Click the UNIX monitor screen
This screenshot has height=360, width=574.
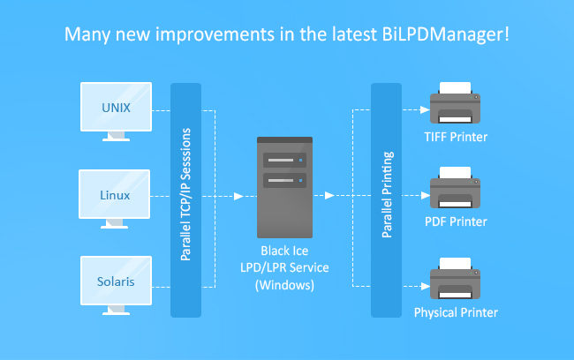pyautogui.click(x=116, y=107)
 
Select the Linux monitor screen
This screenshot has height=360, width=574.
pyautogui.click(x=114, y=194)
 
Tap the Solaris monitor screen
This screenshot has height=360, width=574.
pyautogui.click(x=116, y=281)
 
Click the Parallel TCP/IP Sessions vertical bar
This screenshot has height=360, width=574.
pyautogui.click(x=186, y=200)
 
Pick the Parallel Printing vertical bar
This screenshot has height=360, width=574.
pyautogui.click(x=386, y=200)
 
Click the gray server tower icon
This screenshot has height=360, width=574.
pyautogui.click(x=285, y=187)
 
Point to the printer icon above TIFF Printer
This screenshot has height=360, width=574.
pyautogui.click(x=455, y=103)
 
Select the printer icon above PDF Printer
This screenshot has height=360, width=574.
pyautogui.click(x=455, y=188)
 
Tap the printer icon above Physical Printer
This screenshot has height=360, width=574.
pyautogui.click(x=455, y=279)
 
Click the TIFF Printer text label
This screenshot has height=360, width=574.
pyautogui.click(x=456, y=137)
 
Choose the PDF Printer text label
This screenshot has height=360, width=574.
pyautogui.click(x=456, y=221)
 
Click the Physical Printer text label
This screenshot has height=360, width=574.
pyautogui.click(x=456, y=312)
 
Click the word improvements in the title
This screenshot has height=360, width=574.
pyautogui.click(x=215, y=34)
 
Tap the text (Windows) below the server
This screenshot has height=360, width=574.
pyautogui.click(x=284, y=285)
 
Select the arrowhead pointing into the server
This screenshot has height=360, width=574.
pyautogui.click(x=238, y=196)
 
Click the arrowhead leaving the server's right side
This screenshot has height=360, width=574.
pyautogui.click(x=329, y=195)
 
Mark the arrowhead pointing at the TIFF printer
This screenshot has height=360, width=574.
pyautogui.click(x=425, y=109)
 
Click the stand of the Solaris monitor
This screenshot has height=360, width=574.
pyautogui.click(x=116, y=311)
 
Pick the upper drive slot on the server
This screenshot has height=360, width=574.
pyautogui.click(x=285, y=161)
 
